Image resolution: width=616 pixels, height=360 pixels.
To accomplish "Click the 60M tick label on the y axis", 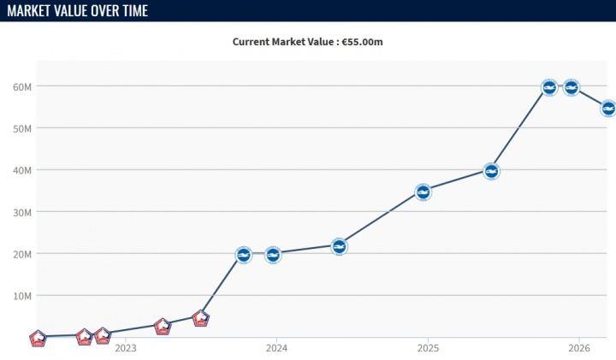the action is pyautogui.click(x=22, y=86).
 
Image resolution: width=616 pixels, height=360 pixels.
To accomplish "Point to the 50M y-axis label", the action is pyautogui.click(x=22, y=129).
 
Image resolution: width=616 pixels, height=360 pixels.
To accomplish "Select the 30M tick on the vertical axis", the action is pyautogui.click(x=22, y=213).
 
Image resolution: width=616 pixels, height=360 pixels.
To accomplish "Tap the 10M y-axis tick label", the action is pyautogui.click(x=22, y=296).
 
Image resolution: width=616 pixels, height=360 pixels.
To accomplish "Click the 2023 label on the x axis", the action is pyautogui.click(x=126, y=348).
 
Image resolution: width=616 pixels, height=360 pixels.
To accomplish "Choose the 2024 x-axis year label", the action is pyautogui.click(x=276, y=348).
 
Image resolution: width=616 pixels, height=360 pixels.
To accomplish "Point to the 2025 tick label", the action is pyautogui.click(x=428, y=348).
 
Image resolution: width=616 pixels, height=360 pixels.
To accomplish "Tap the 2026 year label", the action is pyautogui.click(x=579, y=348).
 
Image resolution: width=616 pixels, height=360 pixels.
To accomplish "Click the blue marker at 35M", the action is pyautogui.click(x=423, y=192).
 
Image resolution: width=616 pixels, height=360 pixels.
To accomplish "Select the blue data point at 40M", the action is pyautogui.click(x=491, y=171).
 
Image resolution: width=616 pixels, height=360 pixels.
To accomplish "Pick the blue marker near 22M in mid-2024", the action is pyautogui.click(x=339, y=246).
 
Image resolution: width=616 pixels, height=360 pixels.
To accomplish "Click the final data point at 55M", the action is pyautogui.click(x=608, y=109).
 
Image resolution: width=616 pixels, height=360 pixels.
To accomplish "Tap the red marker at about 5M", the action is pyautogui.click(x=201, y=318).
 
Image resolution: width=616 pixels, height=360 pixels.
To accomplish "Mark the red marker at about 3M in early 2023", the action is pyautogui.click(x=163, y=327).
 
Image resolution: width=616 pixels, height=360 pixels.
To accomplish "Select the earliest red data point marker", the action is pyautogui.click(x=38, y=338).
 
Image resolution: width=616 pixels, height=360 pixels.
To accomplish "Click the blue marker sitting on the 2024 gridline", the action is pyautogui.click(x=273, y=255).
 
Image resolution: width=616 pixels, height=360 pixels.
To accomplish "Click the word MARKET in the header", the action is pyautogui.click(x=29, y=10).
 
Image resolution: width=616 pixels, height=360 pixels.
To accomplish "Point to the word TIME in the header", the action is pyautogui.click(x=135, y=10).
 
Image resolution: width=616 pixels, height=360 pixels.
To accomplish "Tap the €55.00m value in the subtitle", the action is pyautogui.click(x=362, y=42).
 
